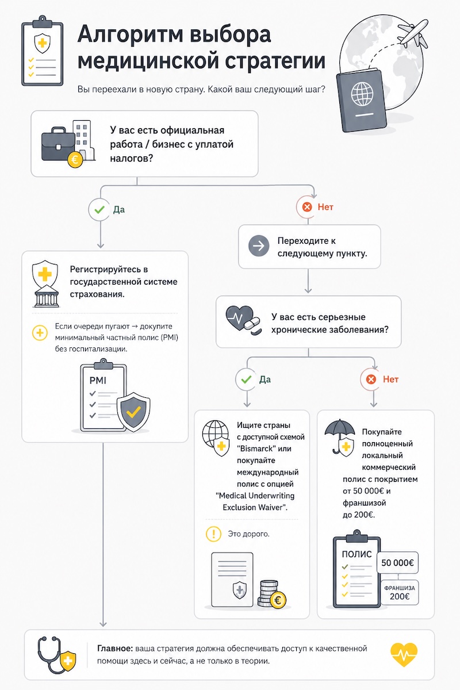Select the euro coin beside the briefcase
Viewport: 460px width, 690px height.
[75, 160]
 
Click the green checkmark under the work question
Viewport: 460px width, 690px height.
[99, 210]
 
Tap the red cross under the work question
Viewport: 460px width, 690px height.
[307, 207]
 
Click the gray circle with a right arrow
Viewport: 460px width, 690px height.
[259, 246]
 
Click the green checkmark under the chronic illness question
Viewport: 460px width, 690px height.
[246, 379]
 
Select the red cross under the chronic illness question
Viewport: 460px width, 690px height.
[371, 379]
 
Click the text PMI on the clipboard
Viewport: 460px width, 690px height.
[98, 381]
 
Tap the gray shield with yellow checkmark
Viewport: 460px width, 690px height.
[133, 410]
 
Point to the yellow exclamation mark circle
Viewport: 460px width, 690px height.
[213, 534]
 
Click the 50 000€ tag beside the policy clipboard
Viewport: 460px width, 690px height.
[397, 563]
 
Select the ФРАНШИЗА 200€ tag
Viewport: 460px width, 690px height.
[400, 592]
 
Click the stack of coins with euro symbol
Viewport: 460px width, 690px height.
[272, 594]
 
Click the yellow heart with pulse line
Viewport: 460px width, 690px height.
[404, 654]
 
